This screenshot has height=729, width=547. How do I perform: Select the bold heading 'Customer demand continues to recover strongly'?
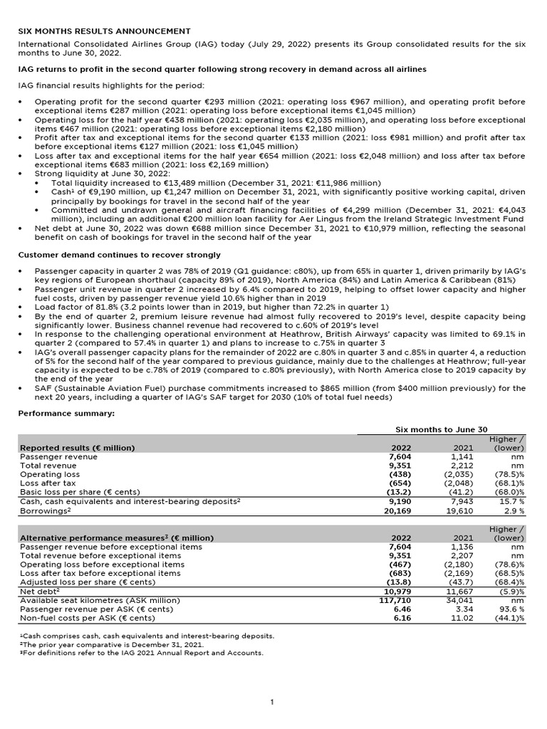coord(119,255)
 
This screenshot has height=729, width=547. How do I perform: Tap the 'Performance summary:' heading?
coord(66,413)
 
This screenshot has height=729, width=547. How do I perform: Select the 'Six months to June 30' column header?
coord(441,429)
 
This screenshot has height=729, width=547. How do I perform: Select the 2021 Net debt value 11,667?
coord(459,592)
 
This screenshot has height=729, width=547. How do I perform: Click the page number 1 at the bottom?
coord(272,703)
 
